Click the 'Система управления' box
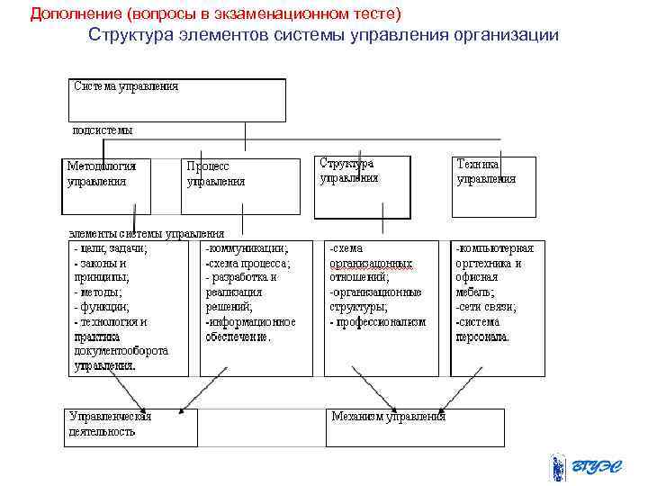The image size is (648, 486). [177, 100]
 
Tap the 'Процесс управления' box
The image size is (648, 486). [240, 186]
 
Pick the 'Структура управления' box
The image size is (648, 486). [362, 187]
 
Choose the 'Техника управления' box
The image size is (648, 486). [493, 187]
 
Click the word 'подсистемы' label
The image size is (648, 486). [102, 130]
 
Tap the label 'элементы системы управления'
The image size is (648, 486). [146, 234]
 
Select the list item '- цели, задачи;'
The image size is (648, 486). [111, 248]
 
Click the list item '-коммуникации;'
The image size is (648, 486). [247, 248]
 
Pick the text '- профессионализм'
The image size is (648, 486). [377, 322]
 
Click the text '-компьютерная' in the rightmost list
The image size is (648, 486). [494, 248]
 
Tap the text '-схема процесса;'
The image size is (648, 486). [247, 263]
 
